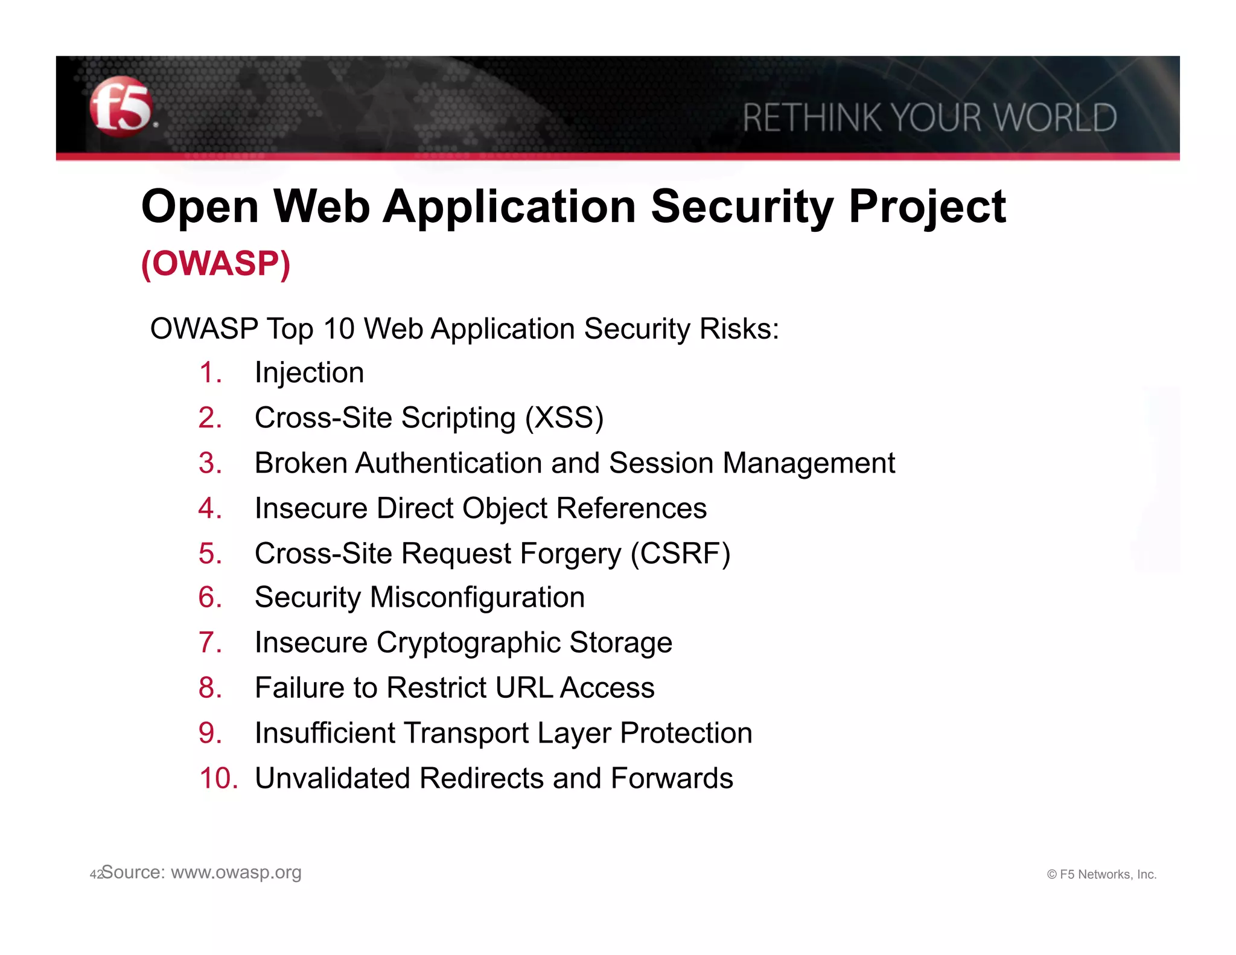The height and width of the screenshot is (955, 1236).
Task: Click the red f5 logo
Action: pyautogui.click(x=121, y=107)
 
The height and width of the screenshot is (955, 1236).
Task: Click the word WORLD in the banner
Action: pyautogui.click(x=1056, y=118)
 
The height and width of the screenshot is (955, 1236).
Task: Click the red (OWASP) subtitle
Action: pyautogui.click(x=215, y=264)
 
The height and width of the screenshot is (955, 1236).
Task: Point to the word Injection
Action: pyautogui.click(x=309, y=372)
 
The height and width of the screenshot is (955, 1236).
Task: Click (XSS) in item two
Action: pyautogui.click(x=564, y=418)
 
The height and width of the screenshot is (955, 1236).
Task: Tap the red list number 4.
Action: pyautogui.click(x=209, y=508)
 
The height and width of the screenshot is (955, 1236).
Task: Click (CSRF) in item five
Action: pyautogui.click(x=680, y=554)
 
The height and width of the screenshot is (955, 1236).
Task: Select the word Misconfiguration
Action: pyautogui.click(x=477, y=598)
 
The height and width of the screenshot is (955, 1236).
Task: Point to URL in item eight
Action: pyautogui.click(x=522, y=688)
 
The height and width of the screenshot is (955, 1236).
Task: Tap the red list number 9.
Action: pyautogui.click(x=209, y=733)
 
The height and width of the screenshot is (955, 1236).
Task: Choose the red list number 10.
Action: pyautogui.click(x=218, y=778)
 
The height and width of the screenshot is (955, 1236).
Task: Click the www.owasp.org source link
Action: pyautogui.click(x=236, y=873)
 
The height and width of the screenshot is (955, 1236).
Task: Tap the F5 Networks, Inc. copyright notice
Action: pyautogui.click(x=1101, y=874)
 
